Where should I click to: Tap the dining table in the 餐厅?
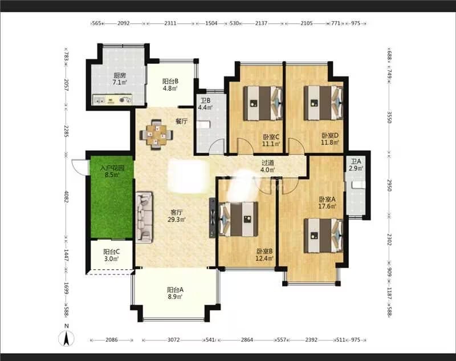coord(156,135)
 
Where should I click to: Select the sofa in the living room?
coord(144,217)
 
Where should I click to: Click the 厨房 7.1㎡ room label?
coord(120,79)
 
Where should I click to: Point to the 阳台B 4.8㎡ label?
coord(170,84)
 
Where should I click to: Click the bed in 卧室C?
coord(263,103)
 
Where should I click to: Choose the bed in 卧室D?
coord(323,103)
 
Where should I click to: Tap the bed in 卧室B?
coord(238,219)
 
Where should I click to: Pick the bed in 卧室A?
coord(323,236)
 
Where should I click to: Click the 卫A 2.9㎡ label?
coord(356,165)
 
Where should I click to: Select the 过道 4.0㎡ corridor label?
coord(267,167)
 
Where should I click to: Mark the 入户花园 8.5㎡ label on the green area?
coord(112,172)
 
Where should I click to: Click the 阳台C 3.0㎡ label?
coord(112,255)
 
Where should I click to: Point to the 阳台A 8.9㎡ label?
coord(175,293)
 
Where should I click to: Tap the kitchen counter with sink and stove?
coord(112,99)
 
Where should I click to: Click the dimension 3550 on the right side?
coord(389,117)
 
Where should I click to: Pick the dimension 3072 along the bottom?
coord(174,339)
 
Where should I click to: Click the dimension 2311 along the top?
coord(170,23)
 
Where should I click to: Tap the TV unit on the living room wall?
coord(213,218)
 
